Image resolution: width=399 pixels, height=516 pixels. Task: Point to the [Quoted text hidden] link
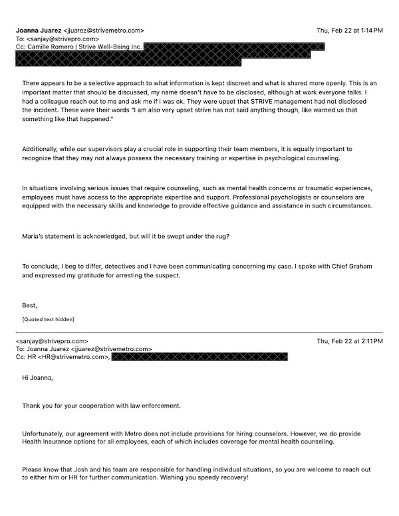click(x=48, y=320)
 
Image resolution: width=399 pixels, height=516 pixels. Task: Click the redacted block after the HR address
click(x=199, y=357)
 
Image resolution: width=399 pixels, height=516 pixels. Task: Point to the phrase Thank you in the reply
click(x=37, y=406)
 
